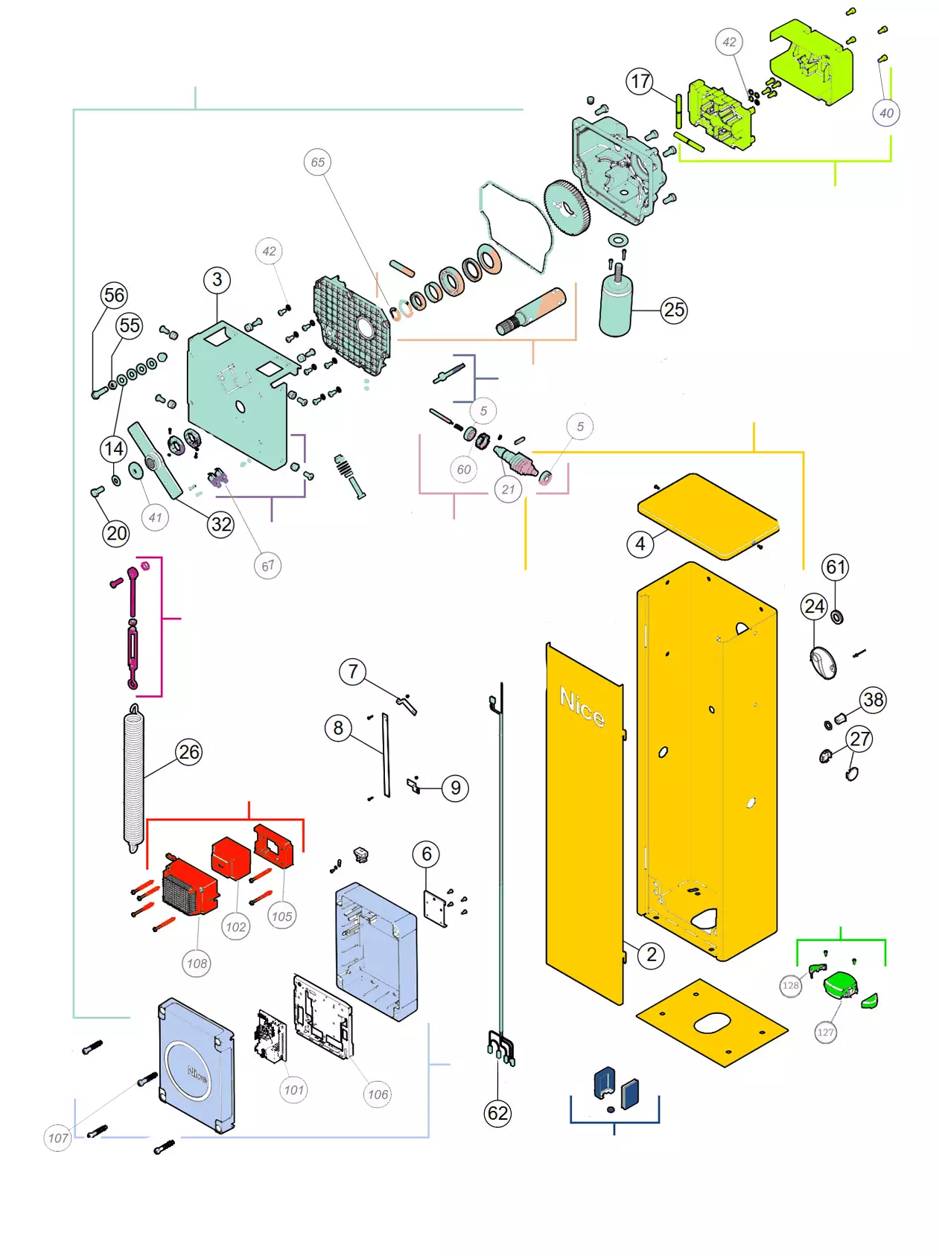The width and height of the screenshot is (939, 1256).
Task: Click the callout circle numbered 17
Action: point(640,81)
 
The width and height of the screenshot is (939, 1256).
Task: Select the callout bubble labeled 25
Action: point(674,310)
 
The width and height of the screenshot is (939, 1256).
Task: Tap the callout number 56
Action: point(114,295)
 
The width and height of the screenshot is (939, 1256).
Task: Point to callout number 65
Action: point(318,162)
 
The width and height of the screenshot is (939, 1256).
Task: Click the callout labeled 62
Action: point(497,1113)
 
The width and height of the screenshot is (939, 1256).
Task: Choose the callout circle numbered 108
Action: point(197,963)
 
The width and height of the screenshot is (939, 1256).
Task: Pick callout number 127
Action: point(825,1032)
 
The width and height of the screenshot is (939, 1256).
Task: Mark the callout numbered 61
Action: point(835,567)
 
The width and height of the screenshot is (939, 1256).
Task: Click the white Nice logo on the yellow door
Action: point(582,707)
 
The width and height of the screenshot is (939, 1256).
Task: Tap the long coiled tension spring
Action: point(134,778)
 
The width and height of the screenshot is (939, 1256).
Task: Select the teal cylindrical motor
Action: point(616,305)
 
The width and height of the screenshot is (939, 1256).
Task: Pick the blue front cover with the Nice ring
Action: point(196,1065)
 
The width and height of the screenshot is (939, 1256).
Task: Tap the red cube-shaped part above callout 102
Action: point(230,858)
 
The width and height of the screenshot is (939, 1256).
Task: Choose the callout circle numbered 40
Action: point(886,113)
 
